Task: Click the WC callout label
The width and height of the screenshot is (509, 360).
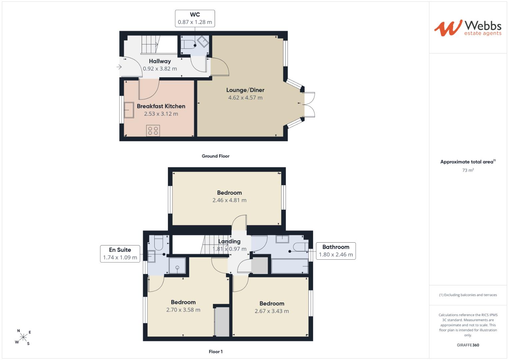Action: [x=195, y=18]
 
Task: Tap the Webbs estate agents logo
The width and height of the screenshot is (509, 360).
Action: [x=468, y=28]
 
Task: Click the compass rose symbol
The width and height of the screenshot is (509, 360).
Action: [x=23, y=337]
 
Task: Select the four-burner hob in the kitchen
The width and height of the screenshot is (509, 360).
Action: [x=153, y=131]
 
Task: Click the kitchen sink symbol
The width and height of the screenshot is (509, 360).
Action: [x=129, y=110]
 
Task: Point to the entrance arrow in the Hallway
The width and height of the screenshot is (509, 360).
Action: [x=119, y=67]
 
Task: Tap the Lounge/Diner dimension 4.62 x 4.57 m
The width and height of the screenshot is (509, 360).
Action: [x=245, y=98]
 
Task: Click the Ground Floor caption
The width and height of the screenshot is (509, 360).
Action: [x=215, y=156]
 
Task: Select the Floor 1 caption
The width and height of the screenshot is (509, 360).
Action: [x=216, y=352]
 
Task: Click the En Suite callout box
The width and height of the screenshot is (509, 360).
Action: [x=120, y=254]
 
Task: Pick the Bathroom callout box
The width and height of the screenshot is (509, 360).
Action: [x=336, y=251]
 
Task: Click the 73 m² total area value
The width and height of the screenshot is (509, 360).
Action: [x=468, y=170]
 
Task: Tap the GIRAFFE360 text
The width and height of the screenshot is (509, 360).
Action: [x=468, y=345]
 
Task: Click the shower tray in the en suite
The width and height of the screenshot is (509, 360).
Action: [x=177, y=266]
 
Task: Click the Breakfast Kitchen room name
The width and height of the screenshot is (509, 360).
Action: [x=161, y=106]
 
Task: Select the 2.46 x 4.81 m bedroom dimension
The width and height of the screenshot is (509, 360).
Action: [x=229, y=200]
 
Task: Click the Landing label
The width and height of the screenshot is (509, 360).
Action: [x=229, y=241]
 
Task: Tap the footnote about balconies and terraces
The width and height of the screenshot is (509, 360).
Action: [x=468, y=295]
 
